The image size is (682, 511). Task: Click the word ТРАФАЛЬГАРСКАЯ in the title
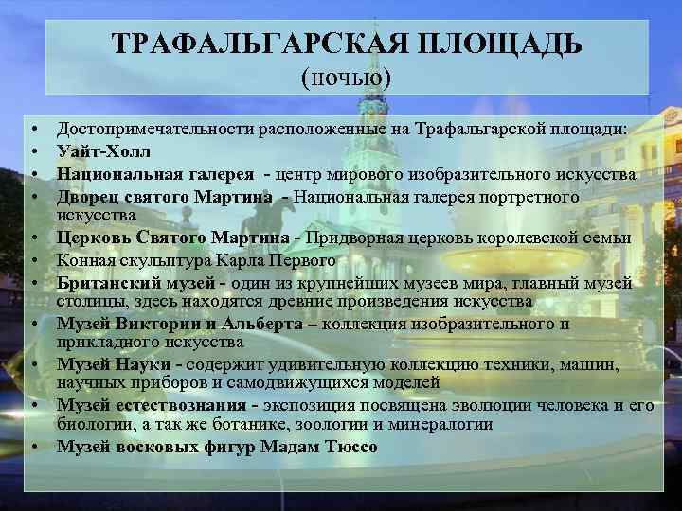coord(250,44)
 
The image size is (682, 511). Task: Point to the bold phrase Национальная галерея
coord(155,174)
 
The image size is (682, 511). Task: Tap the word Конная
coord(82,259)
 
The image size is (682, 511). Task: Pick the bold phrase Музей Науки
coord(119,364)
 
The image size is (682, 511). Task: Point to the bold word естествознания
coord(175,406)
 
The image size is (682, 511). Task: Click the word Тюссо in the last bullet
coord(353,447)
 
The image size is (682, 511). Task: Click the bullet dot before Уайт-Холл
coord(32,150)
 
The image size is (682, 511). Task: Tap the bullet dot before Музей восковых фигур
coord(32,447)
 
